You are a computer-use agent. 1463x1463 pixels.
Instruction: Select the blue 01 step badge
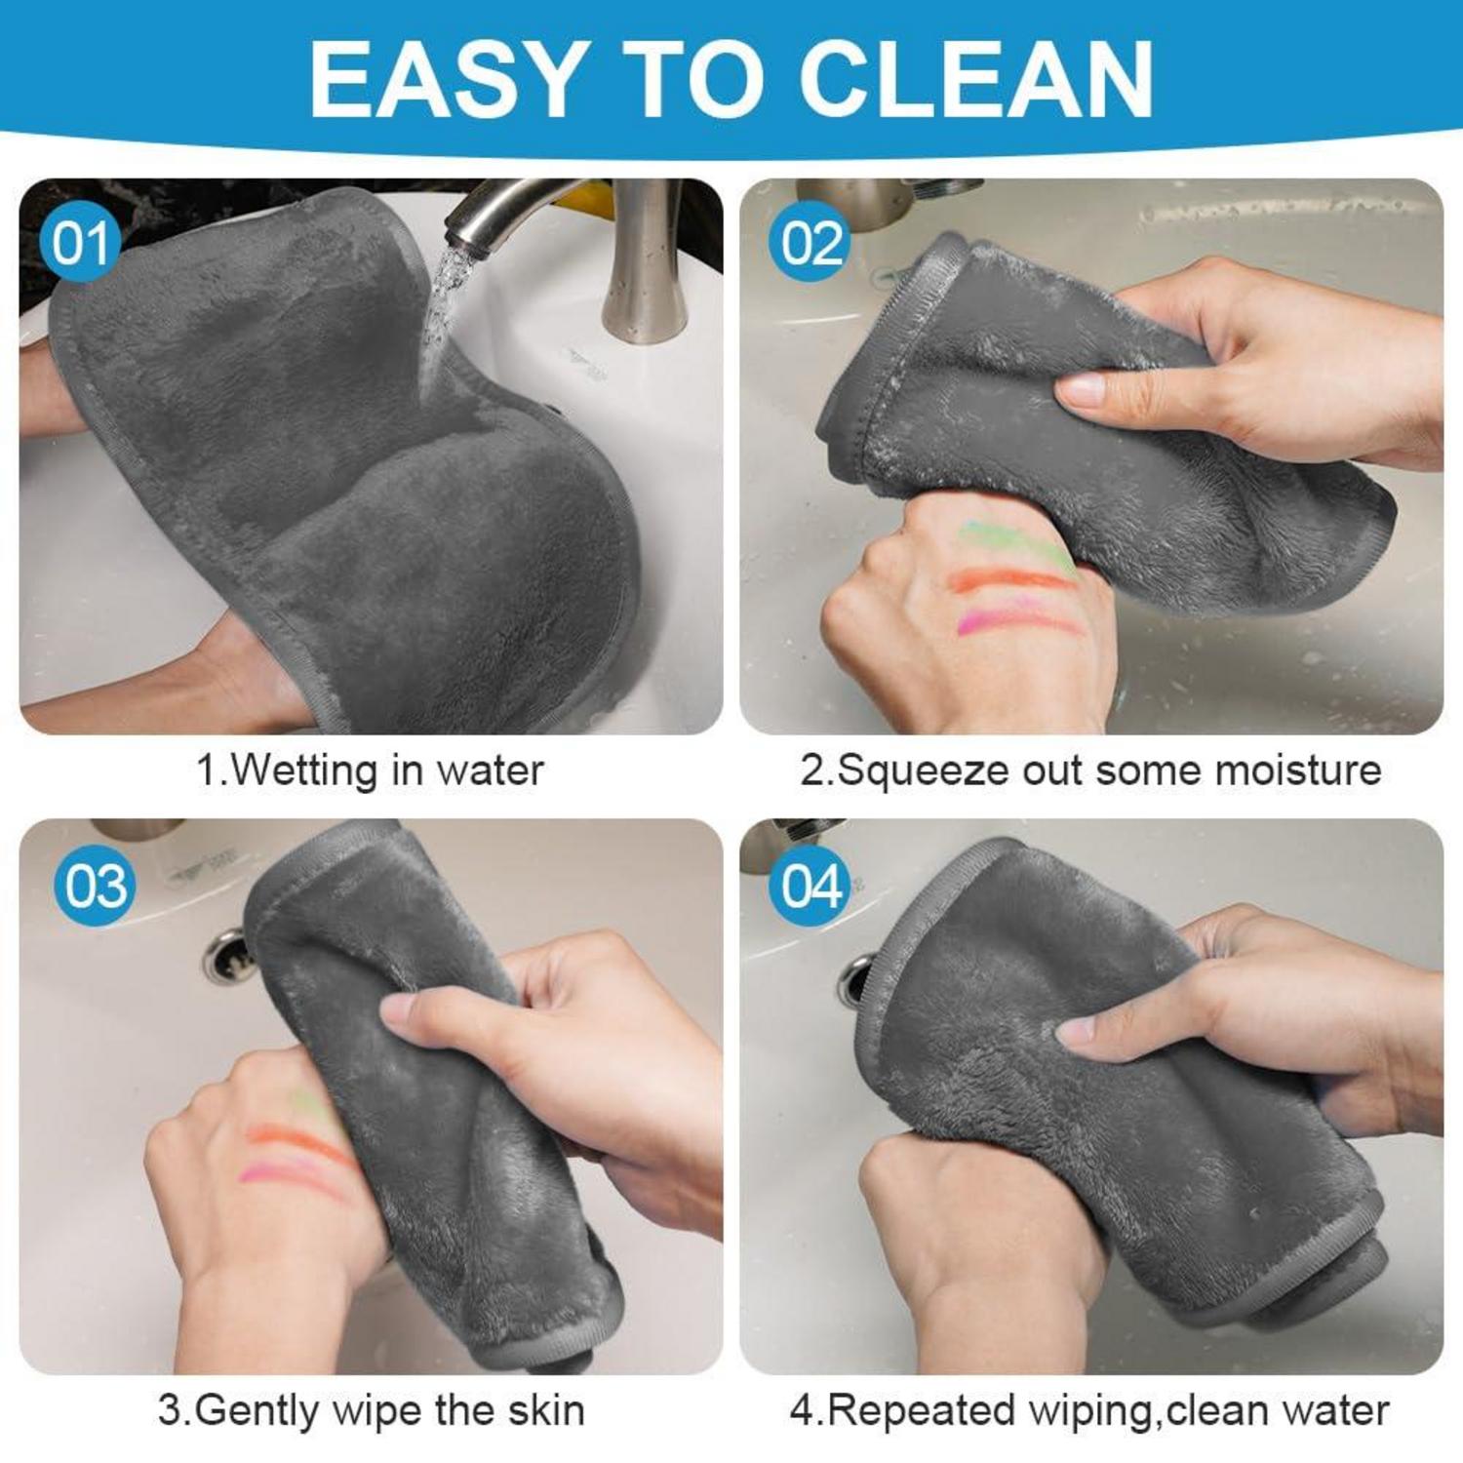(79, 243)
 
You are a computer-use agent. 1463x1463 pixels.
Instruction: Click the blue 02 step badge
(810, 243)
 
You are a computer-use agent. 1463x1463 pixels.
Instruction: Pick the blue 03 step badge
(95, 886)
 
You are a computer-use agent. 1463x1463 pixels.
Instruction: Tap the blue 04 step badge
(810, 886)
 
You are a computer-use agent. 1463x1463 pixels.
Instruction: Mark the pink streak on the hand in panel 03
(293, 1178)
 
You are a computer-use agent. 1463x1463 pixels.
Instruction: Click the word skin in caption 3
(545, 1410)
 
